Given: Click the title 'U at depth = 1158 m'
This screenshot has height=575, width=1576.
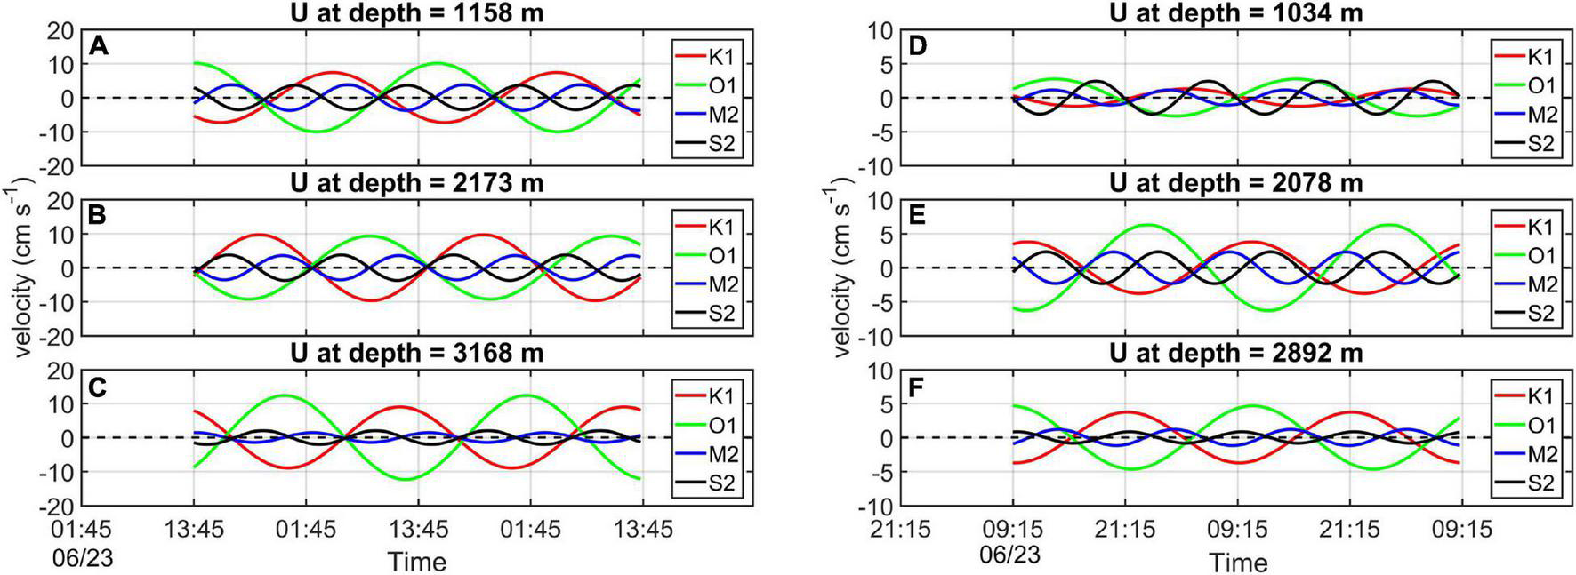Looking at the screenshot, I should (x=416, y=12).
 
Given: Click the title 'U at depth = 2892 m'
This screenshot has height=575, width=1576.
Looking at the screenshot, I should (x=1236, y=354).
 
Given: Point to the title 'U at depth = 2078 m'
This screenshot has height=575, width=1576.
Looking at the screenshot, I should (x=1236, y=183).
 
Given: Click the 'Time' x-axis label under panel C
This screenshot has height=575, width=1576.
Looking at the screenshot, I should (x=416, y=562).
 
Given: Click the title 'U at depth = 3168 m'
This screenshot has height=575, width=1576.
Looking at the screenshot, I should (x=416, y=354).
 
